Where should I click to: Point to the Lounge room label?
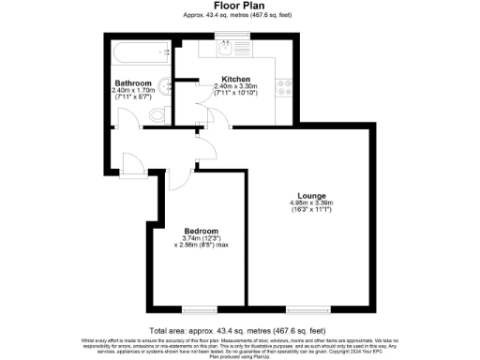pos(311,195)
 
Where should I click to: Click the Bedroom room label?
pos(201,231)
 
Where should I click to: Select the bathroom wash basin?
pos(165,86)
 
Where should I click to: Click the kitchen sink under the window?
pos(226,47)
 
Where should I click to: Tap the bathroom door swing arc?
pos(127,117)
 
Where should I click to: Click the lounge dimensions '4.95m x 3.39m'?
pos(311,203)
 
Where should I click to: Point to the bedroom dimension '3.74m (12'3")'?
pos(201,238)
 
